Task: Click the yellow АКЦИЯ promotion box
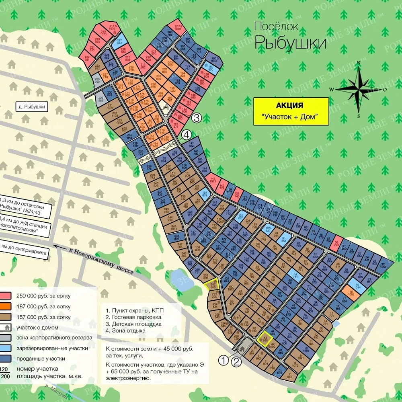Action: pyautogui.click(x=291, y=111)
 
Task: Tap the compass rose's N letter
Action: pyautogui.click(x=358, y=63)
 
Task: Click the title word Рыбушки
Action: pyautogui.click(x=290, y=42)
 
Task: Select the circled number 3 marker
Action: pyautogui.click(x=196, y=118)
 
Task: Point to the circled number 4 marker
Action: pyautogui.click(x=186, y=135)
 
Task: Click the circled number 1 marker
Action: pyautogui.click(x=224, y=361)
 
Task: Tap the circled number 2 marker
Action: pyautogui.click(x=237, y=362)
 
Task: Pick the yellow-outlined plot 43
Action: pyautogui.click(x=265, y=338)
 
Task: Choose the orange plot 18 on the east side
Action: pyautogui.click(x=351, y=293)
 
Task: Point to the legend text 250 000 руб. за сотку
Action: pyautogui.click(x=43, y=296)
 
